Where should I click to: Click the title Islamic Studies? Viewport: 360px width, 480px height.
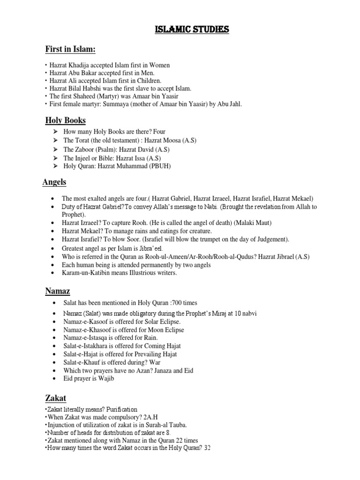pos(192,30)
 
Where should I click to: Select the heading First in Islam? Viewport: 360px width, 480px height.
pos(70,49)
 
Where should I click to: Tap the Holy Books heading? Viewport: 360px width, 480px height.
pos(65,120)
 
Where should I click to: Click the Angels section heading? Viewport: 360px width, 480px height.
pos(54,182)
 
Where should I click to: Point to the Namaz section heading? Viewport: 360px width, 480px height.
pos(57,291)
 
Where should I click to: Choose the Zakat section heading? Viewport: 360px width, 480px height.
pos(55,398)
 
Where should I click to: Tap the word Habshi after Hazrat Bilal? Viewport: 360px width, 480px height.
pos(95,88)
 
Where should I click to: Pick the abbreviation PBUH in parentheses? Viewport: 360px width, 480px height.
pos(159,166)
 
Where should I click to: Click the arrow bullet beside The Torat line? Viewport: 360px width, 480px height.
pos(55,141)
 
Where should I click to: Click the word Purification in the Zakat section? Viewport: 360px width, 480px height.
pos(120,410)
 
